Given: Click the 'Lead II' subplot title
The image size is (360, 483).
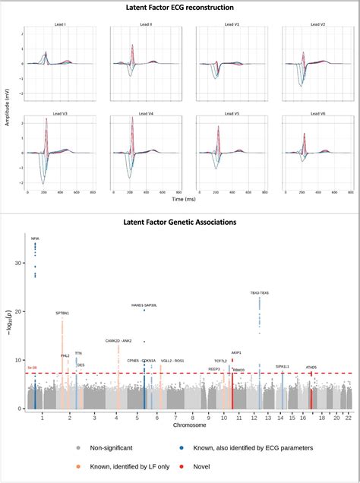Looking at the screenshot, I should click(x=145, y=25).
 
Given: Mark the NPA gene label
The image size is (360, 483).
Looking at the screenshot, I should click(x=35, y=238).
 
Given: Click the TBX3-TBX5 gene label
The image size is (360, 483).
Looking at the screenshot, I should click(x=260, y=293).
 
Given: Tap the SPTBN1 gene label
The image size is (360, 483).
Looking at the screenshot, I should click(x=62, y=313).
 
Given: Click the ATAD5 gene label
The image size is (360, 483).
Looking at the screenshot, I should click(x=311, y=368).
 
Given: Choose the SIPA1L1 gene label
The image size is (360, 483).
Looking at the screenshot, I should click(x=283, y=366).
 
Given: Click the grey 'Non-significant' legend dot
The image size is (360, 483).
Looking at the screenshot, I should click(x=80, y=447).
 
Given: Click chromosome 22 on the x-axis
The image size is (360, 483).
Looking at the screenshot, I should click(x=348, y=418).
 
